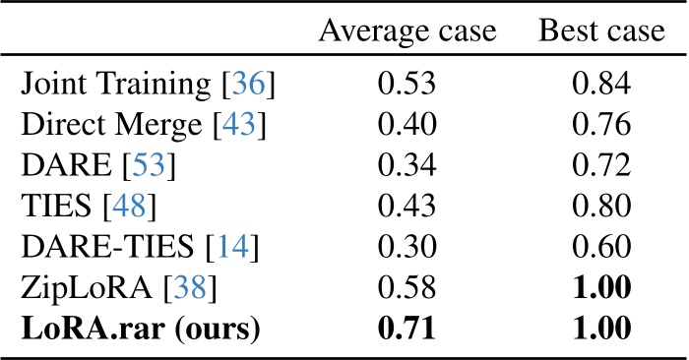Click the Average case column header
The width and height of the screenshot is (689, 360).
click(x=408, y=32)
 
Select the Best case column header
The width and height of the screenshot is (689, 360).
click(x=601, y=32)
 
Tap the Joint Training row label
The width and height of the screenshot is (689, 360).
click(x=148, y=89)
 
